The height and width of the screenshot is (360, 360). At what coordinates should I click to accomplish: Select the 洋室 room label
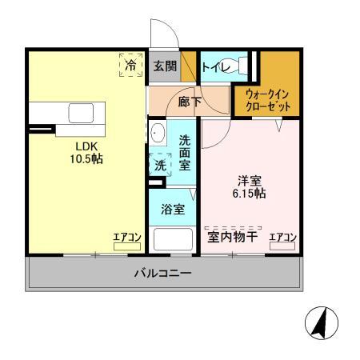tap(250, 181)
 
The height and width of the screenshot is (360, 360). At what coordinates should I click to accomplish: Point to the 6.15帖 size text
tap(250, 194)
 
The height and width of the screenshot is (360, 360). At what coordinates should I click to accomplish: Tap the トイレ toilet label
tap(217, 67)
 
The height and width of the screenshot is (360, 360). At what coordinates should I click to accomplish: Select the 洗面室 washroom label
tap(184, 151)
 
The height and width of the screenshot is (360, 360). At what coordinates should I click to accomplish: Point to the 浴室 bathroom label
tap(174, 210)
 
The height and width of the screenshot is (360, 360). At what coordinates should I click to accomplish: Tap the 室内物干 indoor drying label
tap(232, 237)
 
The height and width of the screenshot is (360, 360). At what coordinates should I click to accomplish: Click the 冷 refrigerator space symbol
tap(130, 65)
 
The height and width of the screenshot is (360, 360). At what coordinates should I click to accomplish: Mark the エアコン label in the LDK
tap(125, 237)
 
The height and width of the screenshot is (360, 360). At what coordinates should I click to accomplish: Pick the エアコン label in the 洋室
tap(282, 237)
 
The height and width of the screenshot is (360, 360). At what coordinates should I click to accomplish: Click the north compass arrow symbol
tap(322, 323)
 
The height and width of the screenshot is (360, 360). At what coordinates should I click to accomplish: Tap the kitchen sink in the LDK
tap(81, 113)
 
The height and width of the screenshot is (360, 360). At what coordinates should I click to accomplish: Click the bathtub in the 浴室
tap(173, 241)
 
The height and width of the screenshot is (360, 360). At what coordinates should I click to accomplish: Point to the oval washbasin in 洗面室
tap(157, 134)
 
